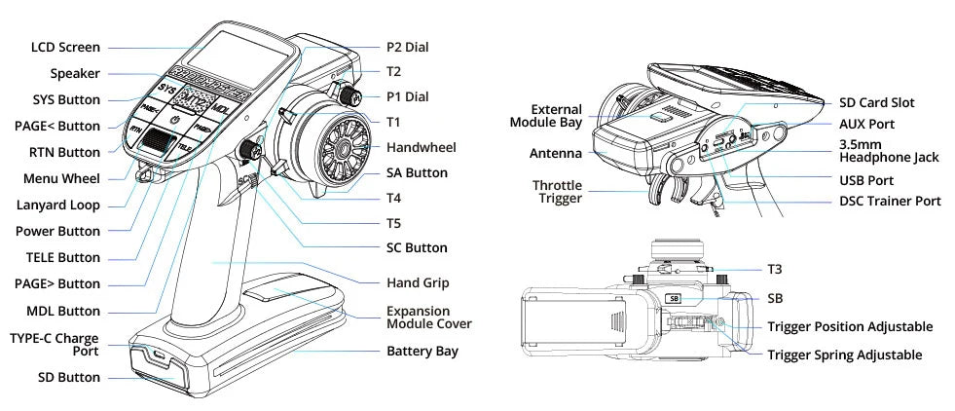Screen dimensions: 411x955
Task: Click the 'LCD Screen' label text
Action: click(x=64, y=47)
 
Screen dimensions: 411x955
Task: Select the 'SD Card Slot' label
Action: click(x=876, y=102)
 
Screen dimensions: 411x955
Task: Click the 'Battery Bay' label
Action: click(x=422, y=350)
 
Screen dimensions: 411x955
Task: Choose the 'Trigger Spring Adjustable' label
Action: click(x=844, y=356)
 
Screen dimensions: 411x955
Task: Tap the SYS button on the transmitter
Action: click(x=168, y=91)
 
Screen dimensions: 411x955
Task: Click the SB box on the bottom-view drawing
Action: click(x=673, y=300)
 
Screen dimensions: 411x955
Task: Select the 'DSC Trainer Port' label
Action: click(x=890, y=201)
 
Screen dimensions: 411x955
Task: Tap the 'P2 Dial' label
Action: click(x=407, y=47)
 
